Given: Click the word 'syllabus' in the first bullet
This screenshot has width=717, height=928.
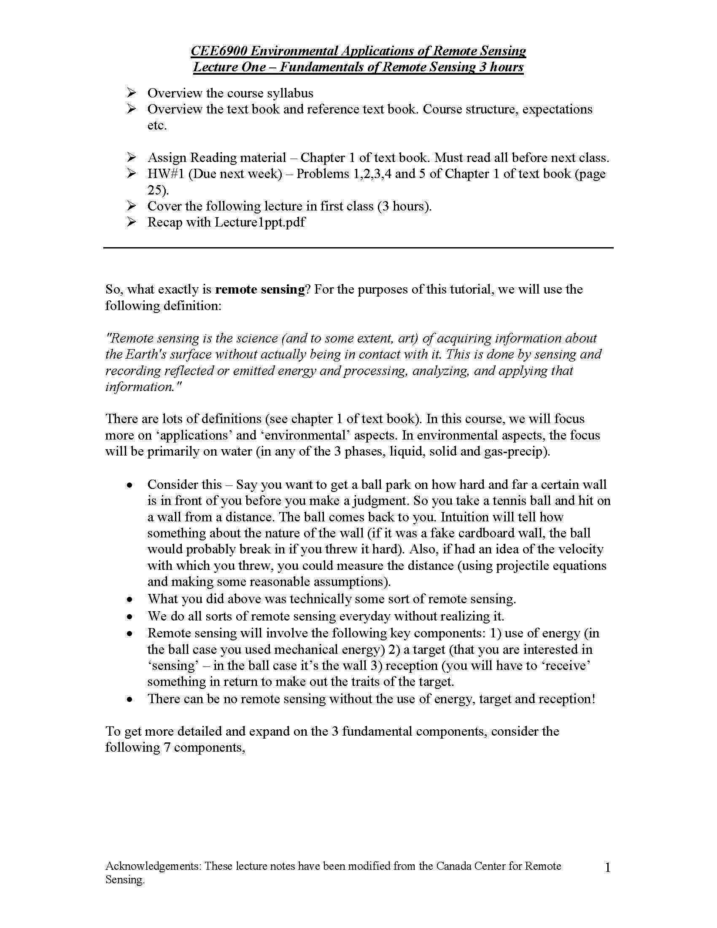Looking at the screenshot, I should [x=288, y=93].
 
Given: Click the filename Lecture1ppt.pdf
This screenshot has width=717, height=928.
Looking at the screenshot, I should [x=259, y=222].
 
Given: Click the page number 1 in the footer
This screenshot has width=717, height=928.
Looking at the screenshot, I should [x=607, y=868].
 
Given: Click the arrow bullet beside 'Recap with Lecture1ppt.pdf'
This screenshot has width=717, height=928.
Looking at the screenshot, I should [x=132, y=222].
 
